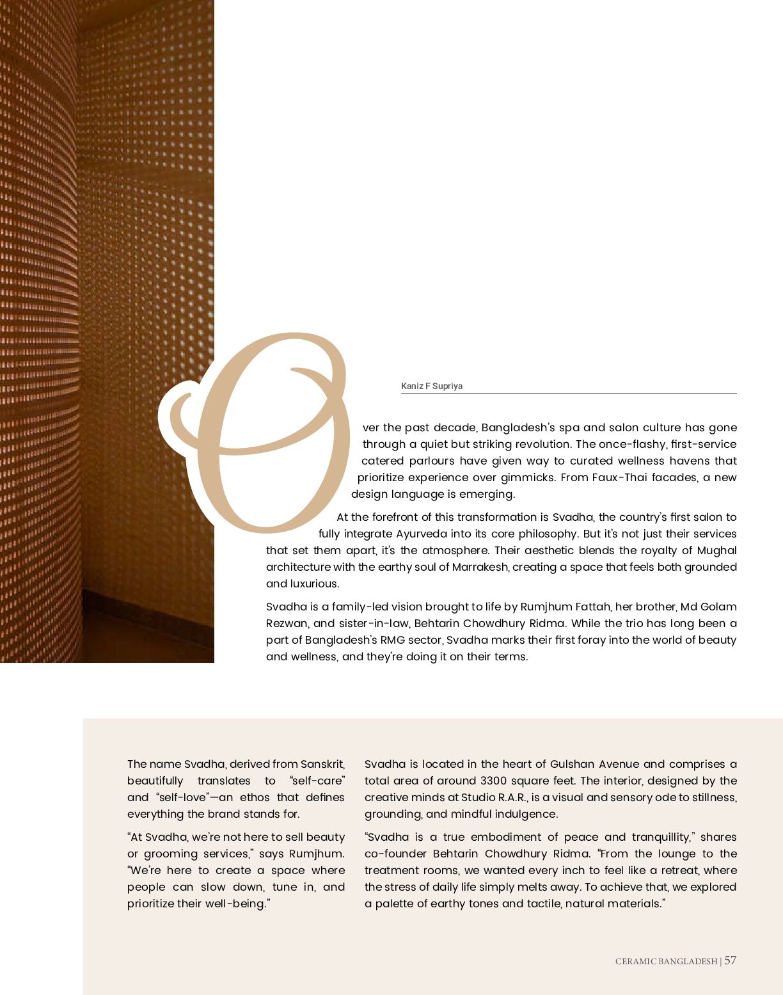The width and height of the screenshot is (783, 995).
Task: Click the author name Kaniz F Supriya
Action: coord(431,386)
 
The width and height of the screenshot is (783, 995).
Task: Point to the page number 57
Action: coord(730,960)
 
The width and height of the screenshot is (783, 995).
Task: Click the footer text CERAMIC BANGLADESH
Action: coord(666,961)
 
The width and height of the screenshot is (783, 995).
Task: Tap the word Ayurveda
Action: coord(422,534)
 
